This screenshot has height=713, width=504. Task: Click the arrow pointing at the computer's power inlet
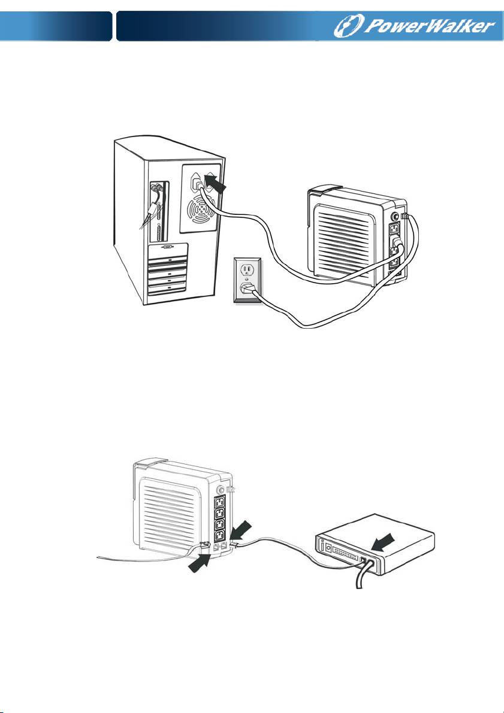pyautogui.click(x=216, y=181)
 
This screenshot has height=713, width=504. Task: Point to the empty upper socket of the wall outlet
pyautogui.click(x=246, y=269)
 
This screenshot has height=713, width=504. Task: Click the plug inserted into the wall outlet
pyautogui.click(x=247, y=290)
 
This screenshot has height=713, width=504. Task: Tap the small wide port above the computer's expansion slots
pyautogui.click(x=167, y=246)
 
